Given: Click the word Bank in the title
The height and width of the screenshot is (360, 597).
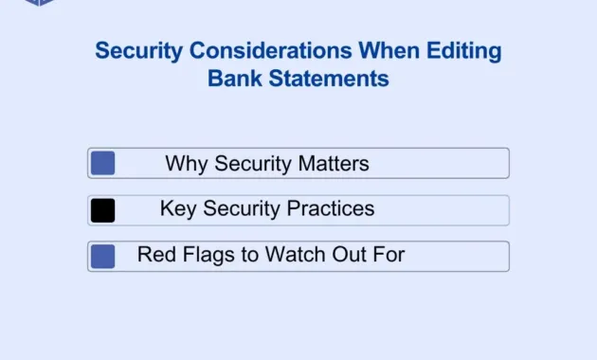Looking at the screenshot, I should point(233,78).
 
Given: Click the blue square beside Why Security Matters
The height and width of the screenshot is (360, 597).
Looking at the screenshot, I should point(102,163).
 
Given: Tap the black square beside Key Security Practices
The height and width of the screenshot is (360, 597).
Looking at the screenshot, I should point(102,210).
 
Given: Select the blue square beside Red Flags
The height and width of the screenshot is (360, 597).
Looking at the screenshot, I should point(102,256).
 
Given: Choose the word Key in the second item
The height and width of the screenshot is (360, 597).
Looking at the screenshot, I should point(178,208).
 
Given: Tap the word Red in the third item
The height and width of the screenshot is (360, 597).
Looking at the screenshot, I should point(156,254).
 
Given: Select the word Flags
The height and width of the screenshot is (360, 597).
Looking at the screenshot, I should point(208,254).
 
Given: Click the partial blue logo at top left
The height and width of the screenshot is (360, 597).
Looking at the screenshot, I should point(40,3).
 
